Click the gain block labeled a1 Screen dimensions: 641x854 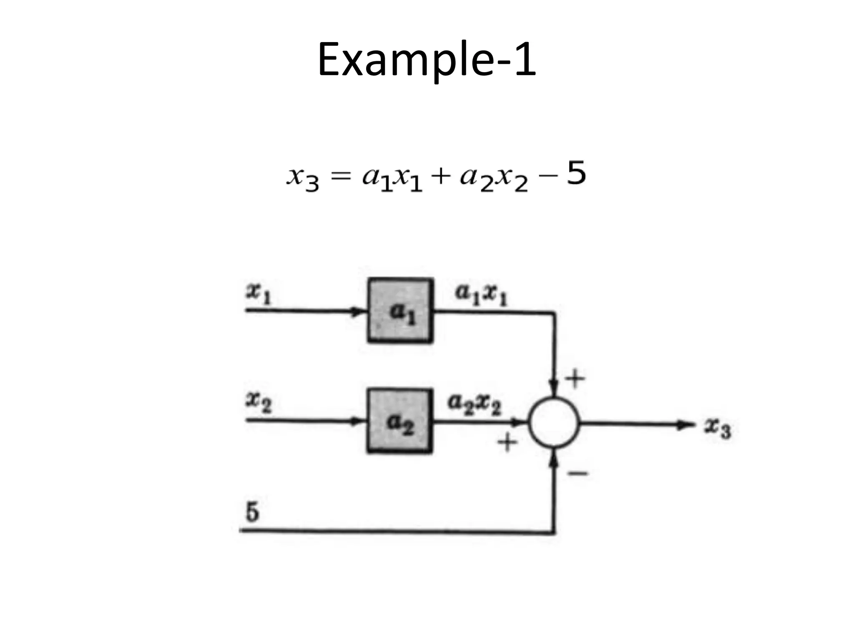(x=400, y=310)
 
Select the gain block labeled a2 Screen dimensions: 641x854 (x=399, y=421)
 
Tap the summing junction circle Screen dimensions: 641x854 (x=554, y=423)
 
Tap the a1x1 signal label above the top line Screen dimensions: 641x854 (x=481, y=294)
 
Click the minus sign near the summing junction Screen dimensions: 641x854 (x=578, y=473)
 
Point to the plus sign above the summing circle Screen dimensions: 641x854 (x=575, y=379)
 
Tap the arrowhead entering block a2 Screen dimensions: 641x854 (x=357, y=421)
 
